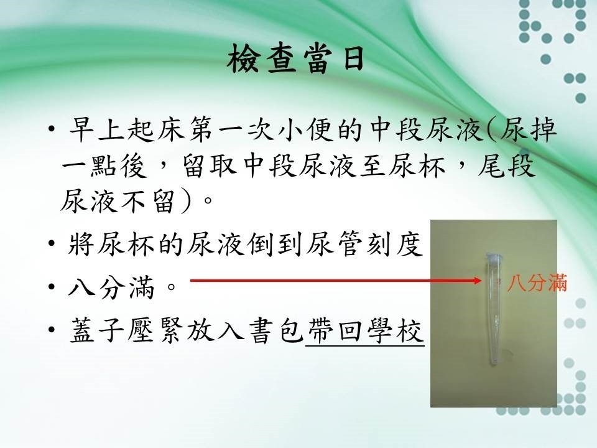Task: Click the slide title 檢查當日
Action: [x=296, y=59]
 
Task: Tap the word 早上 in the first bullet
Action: [x=97, y=129]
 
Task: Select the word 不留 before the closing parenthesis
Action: [x=147, y=201]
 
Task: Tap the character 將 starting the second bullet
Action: [x=81, y=244]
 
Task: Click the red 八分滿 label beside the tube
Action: [x=537, y=283]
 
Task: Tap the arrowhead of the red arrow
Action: [x=478, y=281]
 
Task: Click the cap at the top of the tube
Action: [x=494, y=257]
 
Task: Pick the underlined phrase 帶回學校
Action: [x=365, y=330]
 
